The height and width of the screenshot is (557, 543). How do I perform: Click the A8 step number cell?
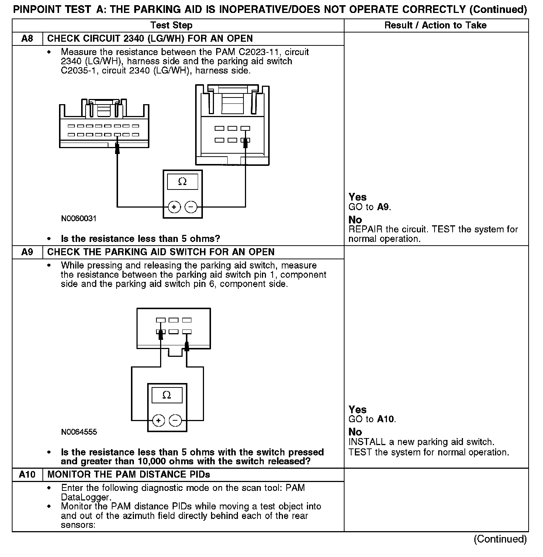(x=27, y=39)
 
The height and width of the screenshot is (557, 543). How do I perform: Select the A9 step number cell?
(x=27, y=252)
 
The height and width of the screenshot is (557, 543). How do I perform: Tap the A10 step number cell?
(x=27, y=475)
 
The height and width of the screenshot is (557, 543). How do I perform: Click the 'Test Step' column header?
(x=171, y=25)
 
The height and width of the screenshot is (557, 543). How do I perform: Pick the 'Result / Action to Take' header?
(x=435, y=25)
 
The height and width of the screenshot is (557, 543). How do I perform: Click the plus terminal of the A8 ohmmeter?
(x=174, y=207)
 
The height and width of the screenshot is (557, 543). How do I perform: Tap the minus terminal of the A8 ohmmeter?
(x=191, y=207)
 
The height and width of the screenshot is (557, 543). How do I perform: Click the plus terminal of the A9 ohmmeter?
(x=158, y=420)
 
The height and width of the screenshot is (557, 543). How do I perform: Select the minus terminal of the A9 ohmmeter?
(x=175, y=420)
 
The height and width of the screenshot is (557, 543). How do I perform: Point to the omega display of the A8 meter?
(x=182, y=182)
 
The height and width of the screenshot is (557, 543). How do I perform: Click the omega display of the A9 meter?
(x=167, y=395)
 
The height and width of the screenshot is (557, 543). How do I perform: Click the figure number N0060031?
(x=79, y=219)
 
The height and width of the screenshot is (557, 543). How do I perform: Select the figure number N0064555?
(x=79, y=432)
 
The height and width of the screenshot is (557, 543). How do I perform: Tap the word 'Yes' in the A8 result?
(x=357, y=197)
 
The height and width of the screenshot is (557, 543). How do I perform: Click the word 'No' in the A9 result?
(x=355, y=432)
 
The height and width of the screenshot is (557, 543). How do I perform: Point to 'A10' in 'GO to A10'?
(x=386, y=419)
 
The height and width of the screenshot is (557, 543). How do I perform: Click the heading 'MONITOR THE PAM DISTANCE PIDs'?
(x=131, y=475)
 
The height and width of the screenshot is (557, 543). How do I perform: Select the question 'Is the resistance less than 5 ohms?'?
(x=140, y=239)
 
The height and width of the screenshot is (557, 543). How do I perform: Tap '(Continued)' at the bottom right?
(x=500, y=539)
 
